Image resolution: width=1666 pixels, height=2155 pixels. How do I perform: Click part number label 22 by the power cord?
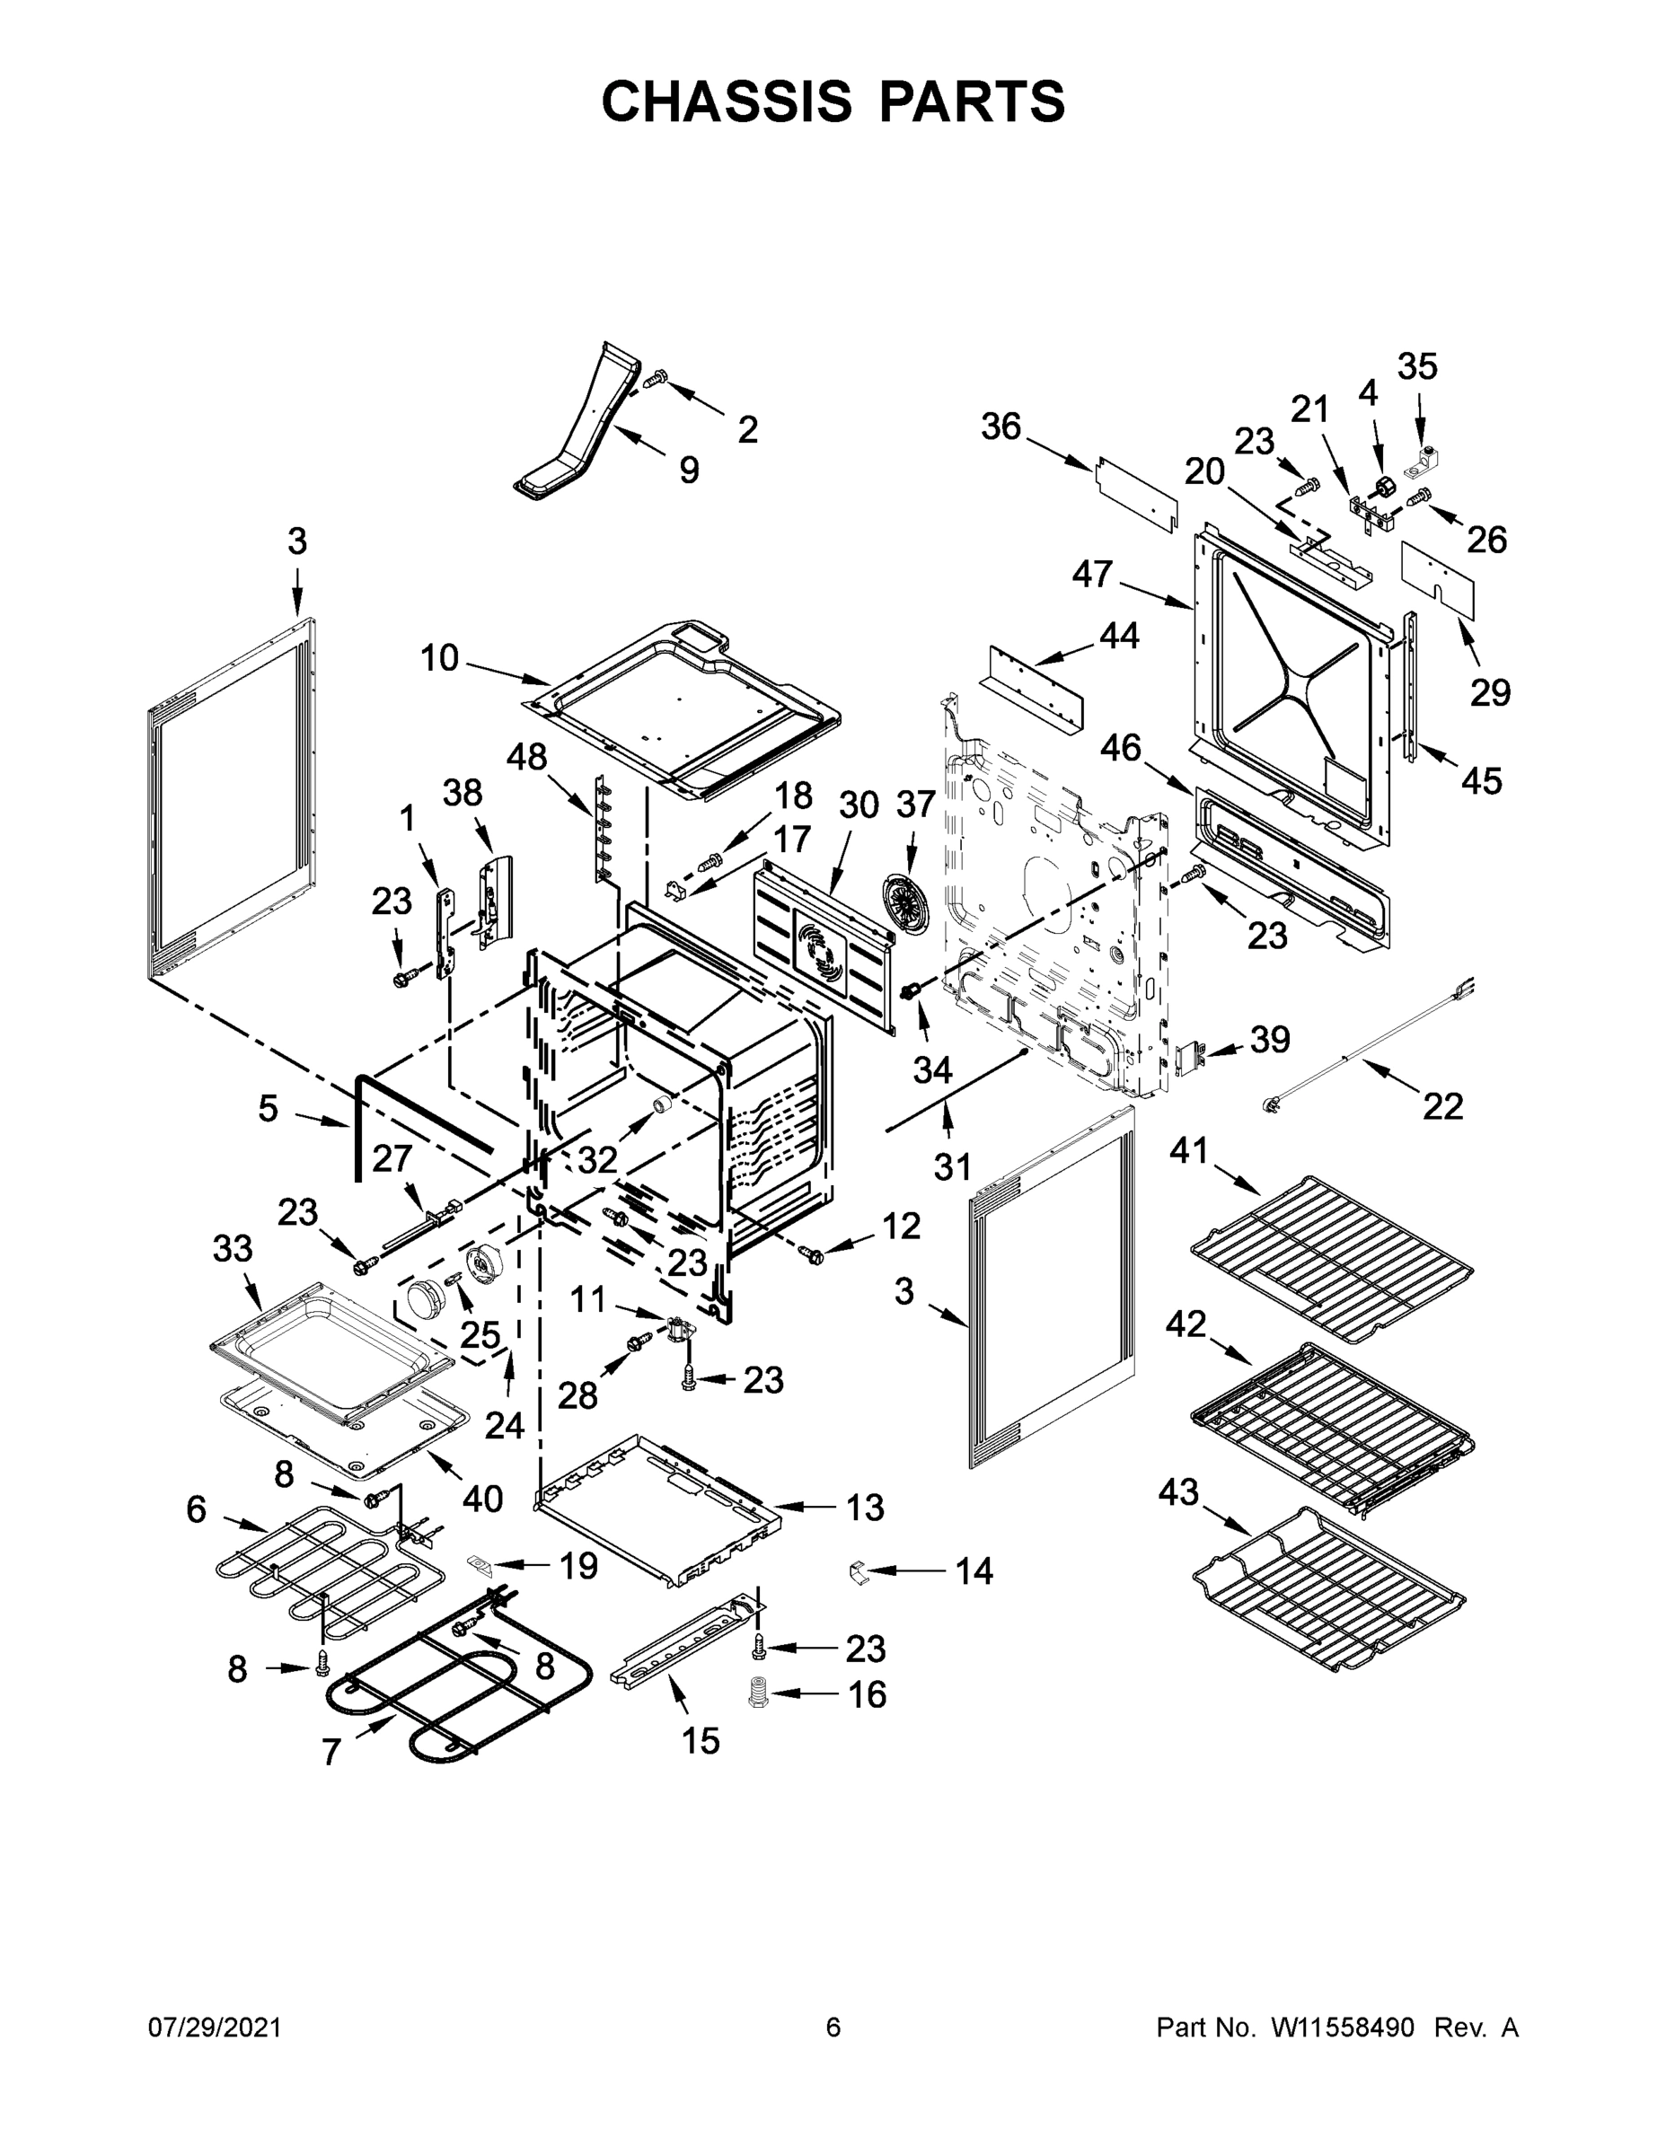(x=1442, y=1106)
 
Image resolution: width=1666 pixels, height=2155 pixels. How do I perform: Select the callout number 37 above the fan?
(x=915, y=805)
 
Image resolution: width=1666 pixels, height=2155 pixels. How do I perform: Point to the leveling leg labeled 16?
(x=759, y=1695)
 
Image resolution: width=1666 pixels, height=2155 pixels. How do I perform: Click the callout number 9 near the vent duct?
(x=689, y=470)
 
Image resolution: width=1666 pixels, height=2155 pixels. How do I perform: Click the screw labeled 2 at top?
(x=656, y=379)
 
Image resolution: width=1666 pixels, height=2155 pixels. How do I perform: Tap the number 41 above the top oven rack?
(x=1189, y=1149)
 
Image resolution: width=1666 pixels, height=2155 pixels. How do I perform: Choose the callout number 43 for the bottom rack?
(x=1178, y=1493)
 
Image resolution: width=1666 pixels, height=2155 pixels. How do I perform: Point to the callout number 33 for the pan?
(x=233, y=1248)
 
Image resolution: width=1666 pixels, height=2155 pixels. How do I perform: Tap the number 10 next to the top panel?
(x=439, y=657)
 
